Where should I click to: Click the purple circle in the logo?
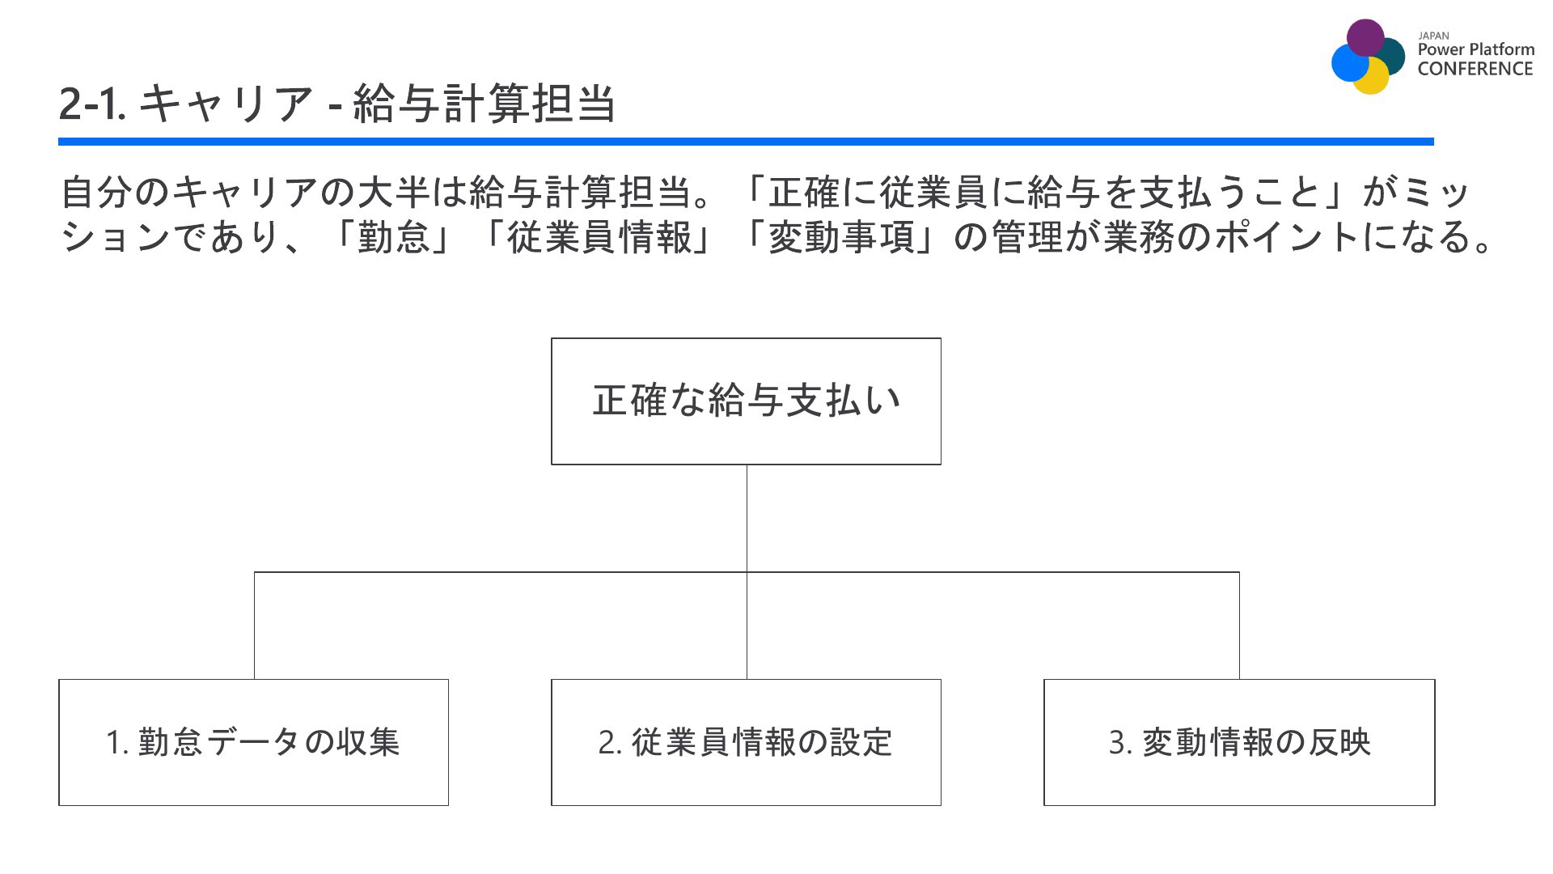1365,37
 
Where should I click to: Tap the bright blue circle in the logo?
1349,63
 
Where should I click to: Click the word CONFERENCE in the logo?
1475,69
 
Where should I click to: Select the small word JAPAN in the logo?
1433,36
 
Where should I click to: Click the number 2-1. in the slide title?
92,104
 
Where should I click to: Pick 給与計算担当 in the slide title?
485,104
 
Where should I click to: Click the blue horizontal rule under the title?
746,142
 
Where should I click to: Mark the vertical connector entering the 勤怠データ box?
254,626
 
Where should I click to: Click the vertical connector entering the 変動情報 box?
1239,626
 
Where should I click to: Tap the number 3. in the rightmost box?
1120,743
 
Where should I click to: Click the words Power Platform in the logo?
1476,49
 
